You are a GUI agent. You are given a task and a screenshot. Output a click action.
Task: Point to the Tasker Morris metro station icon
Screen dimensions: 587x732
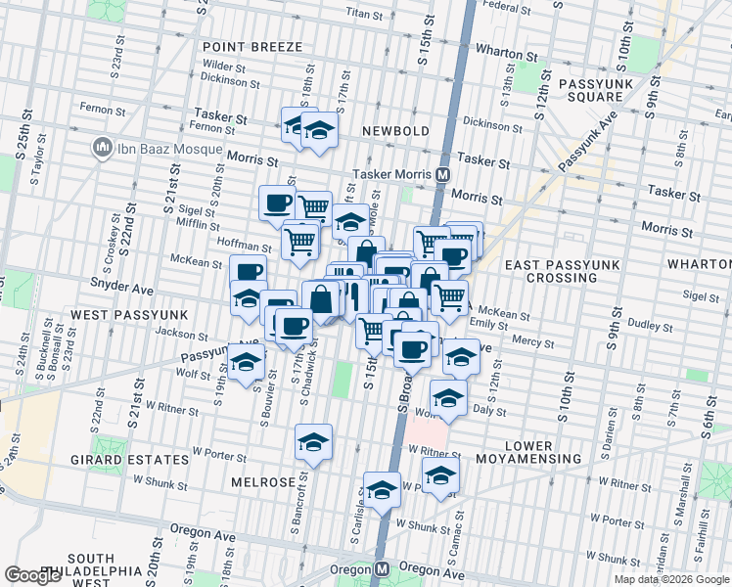click(442, 174)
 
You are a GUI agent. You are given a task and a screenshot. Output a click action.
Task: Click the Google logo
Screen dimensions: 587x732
click(32, 575)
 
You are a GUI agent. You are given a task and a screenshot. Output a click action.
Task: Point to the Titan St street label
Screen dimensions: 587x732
click(363, 15)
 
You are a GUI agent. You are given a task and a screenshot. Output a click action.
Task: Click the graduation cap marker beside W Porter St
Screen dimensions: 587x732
click(314, 442)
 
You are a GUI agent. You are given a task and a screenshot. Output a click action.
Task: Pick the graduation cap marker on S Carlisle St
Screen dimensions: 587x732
click(382, 489)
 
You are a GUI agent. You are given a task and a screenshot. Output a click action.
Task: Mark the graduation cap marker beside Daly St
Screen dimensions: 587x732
click(449, 398)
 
